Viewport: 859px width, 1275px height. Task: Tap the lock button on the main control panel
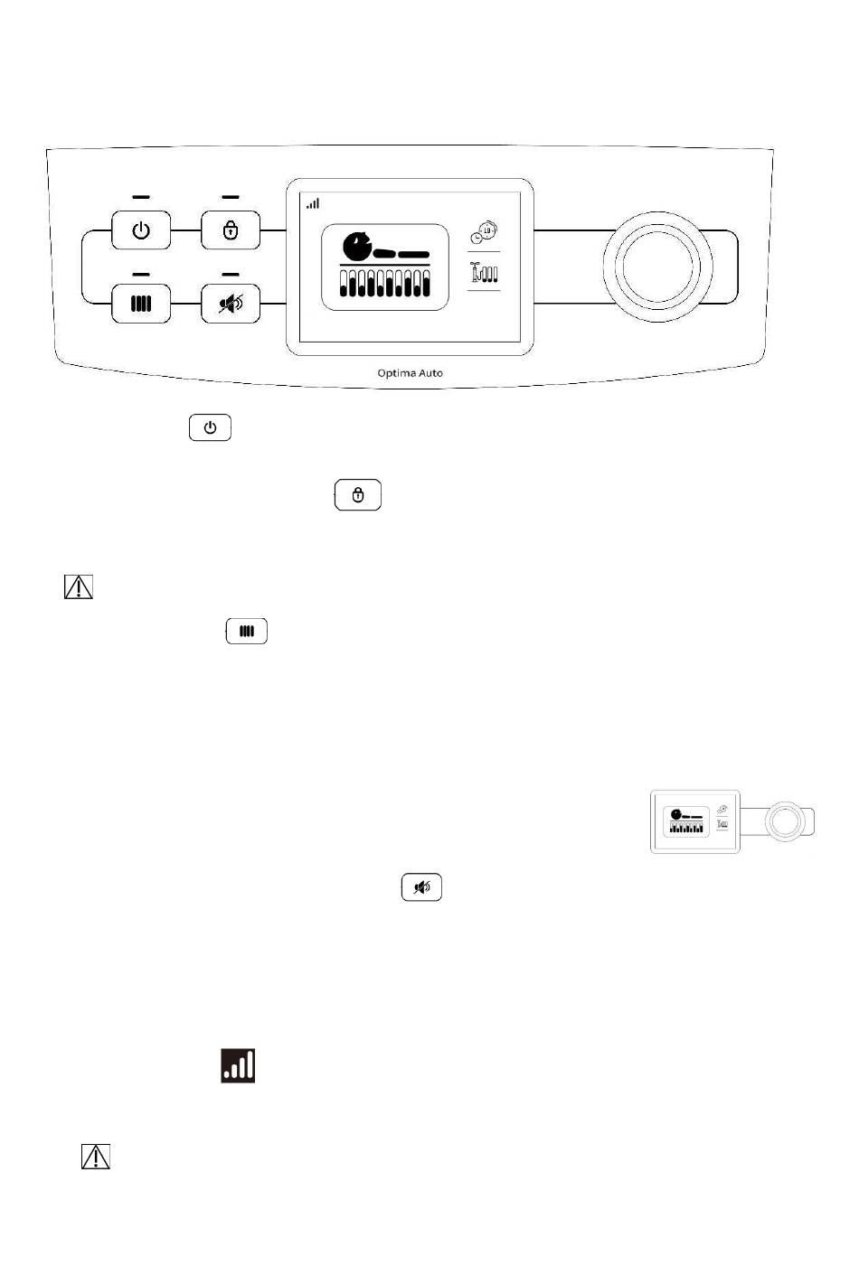[x=231, y=230]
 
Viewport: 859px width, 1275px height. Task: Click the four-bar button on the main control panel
[x=141, y=304]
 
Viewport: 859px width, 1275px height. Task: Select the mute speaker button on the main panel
[x=231, y=304]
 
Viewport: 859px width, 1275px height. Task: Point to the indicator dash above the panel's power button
[x=141, y=197]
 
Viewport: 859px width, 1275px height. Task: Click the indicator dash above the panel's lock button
[x=231, y=197]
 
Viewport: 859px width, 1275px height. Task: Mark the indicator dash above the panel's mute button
[x=231, y=275]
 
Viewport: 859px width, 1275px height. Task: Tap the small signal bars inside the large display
[x=313, y=203]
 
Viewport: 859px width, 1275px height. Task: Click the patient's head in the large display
[x=356, y=245]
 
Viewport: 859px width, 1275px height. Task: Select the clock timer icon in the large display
[x=484, y=232]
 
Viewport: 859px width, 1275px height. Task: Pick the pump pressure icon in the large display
[x=484, y=272]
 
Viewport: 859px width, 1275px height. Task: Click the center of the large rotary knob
[x=658, y=267]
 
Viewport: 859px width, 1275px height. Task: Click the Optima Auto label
[x=411, y=373]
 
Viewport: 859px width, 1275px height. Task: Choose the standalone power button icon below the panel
[x=210, y=427]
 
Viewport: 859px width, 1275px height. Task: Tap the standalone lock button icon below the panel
[x=358, y=494]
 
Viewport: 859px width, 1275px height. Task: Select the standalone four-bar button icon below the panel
[x=247, y=631]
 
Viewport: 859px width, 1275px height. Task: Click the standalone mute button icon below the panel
[x=421, y=886]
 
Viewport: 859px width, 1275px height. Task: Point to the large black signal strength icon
[x=238, y=1065]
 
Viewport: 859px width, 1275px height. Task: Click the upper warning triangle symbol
[x=79, y=586]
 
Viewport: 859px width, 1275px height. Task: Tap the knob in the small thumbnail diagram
[x=785, y=821]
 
